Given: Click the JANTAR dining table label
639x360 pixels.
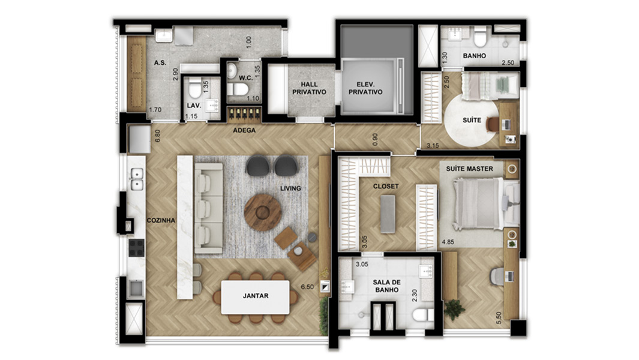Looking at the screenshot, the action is pyautogui.click(x=256, y=296).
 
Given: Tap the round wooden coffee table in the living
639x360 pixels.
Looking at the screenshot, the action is pyautogui.click(x=263, y=212).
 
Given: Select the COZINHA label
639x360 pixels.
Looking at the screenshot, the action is pyautogui.click(x=161, y=220).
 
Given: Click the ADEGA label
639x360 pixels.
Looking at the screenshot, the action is pyautogui.click(x=244, y=130).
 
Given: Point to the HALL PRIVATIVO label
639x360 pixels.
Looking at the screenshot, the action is pyautogui.click(x=310, y=88).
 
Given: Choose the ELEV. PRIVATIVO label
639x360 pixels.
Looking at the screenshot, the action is pyautogui.click(x=365, y=88).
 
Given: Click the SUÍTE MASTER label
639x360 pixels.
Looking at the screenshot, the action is pyautogui.click(x=469, y=169).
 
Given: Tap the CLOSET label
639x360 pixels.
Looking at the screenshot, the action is pyautogui.click(x=386, y=186).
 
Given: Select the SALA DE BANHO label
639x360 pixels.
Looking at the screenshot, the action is pyautogui.click(x=387, y=286).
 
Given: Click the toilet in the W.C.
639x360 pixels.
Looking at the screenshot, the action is pyautogui.click(x=238, y=89).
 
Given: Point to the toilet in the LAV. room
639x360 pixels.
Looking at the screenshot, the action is pyautogui.click(x=195, y=88).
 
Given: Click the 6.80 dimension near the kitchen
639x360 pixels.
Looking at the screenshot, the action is pyautogui.click(x=158, y=136).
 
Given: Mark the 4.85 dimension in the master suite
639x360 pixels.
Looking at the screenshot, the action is pyautogui.click(x=448, y=242).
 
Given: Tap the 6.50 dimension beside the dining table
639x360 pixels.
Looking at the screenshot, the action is pyautogui.click(x=307, y=287).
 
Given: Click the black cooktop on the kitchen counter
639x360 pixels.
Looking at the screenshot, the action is pyautogui.click(x=137, y=247).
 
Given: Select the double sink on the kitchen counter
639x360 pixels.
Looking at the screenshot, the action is pyautogui.click(x=137, y=179).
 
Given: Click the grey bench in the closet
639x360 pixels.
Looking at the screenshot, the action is pyautogui.click(x=388, y=214).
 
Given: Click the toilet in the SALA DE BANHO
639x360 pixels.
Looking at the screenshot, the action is pyautogui.click(x=422, y=315).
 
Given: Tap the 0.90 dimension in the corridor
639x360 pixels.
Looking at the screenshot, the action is pyautogui.click(x=376, y=139).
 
